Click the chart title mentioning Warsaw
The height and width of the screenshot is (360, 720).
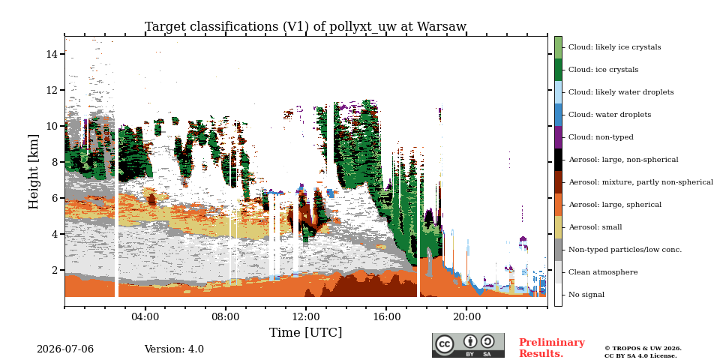click(305, 27)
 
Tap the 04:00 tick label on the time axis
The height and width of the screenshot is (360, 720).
click(145, 316)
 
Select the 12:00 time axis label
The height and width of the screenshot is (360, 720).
click(306, 316)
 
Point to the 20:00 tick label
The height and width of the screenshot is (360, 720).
click(466, 316)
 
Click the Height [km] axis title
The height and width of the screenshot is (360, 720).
click(34, 172)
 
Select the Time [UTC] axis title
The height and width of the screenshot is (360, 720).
click(305, 332)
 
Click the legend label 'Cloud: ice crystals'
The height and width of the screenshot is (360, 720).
click(603, 70)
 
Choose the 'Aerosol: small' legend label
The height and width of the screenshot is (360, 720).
click(595, 227)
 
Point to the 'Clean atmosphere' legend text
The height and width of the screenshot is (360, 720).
click(603, 272)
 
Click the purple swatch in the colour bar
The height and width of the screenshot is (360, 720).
click(558, 137)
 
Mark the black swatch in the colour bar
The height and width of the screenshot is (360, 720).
click(558, 160)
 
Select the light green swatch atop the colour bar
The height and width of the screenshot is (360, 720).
click(558, 47)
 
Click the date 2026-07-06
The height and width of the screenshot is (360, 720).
click(65, 349)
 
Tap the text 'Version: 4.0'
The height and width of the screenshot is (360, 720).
click(174, 349)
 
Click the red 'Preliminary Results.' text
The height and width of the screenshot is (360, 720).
click(552, 348)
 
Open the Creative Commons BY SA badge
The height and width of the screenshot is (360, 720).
click(468, 345)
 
